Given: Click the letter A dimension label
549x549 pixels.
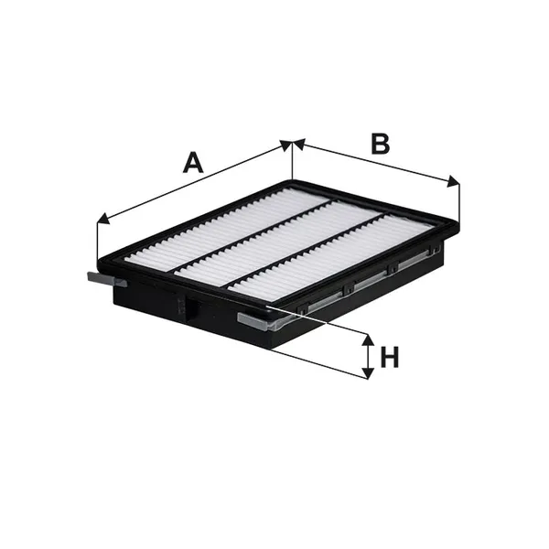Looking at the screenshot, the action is click(x=193, y=163).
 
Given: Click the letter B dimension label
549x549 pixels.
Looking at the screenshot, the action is click(x=381, y=144).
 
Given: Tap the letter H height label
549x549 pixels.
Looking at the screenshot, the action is click(x=390, y=357).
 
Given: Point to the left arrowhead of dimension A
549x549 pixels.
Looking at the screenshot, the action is click(x=102, y=219).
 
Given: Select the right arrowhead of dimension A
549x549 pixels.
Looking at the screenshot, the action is click(x=285, y=145).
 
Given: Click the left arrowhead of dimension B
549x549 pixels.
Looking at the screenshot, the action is click(x=298, y=144).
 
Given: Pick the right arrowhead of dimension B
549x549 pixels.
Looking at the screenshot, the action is click(x=453, y=181).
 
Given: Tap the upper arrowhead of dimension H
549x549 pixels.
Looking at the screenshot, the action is click(x=367, y=339).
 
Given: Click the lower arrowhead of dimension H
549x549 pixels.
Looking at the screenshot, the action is click(x=367, y=372).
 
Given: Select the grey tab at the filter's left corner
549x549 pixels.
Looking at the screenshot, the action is click(x=106, y=280).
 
